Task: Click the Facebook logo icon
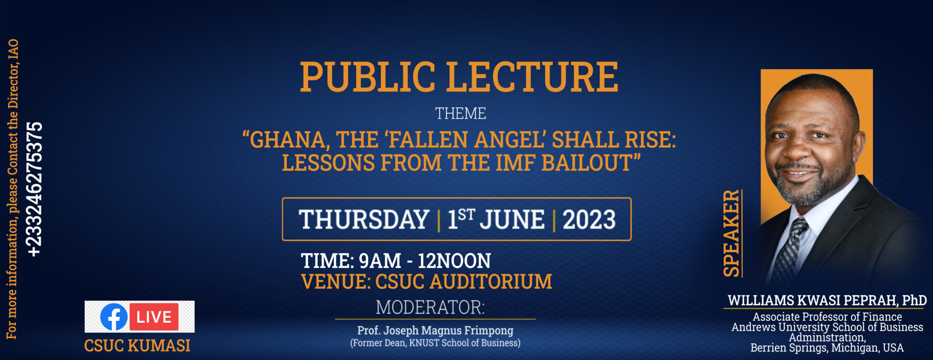(x=114, y=317)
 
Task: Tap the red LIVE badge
(x=154, y=317)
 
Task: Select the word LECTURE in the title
(x=532, y=77)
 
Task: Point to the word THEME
(x=461, y=113)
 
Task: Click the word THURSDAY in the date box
(x=364, y=220)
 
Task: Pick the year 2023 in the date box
(x=589, y=220)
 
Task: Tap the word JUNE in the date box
(x=512, y=220)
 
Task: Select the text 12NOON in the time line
(x=454, y=261)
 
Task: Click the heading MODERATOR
(x=430, y=308)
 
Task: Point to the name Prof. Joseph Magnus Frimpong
(x=435, y=330)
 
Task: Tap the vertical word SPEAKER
(x=732, y=233)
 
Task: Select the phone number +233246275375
(x=35, y=189)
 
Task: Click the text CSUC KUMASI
(x=137, y=345)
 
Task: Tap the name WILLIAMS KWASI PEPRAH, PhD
(x=827, y=300)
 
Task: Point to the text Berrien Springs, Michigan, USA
(x=827, y=348)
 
